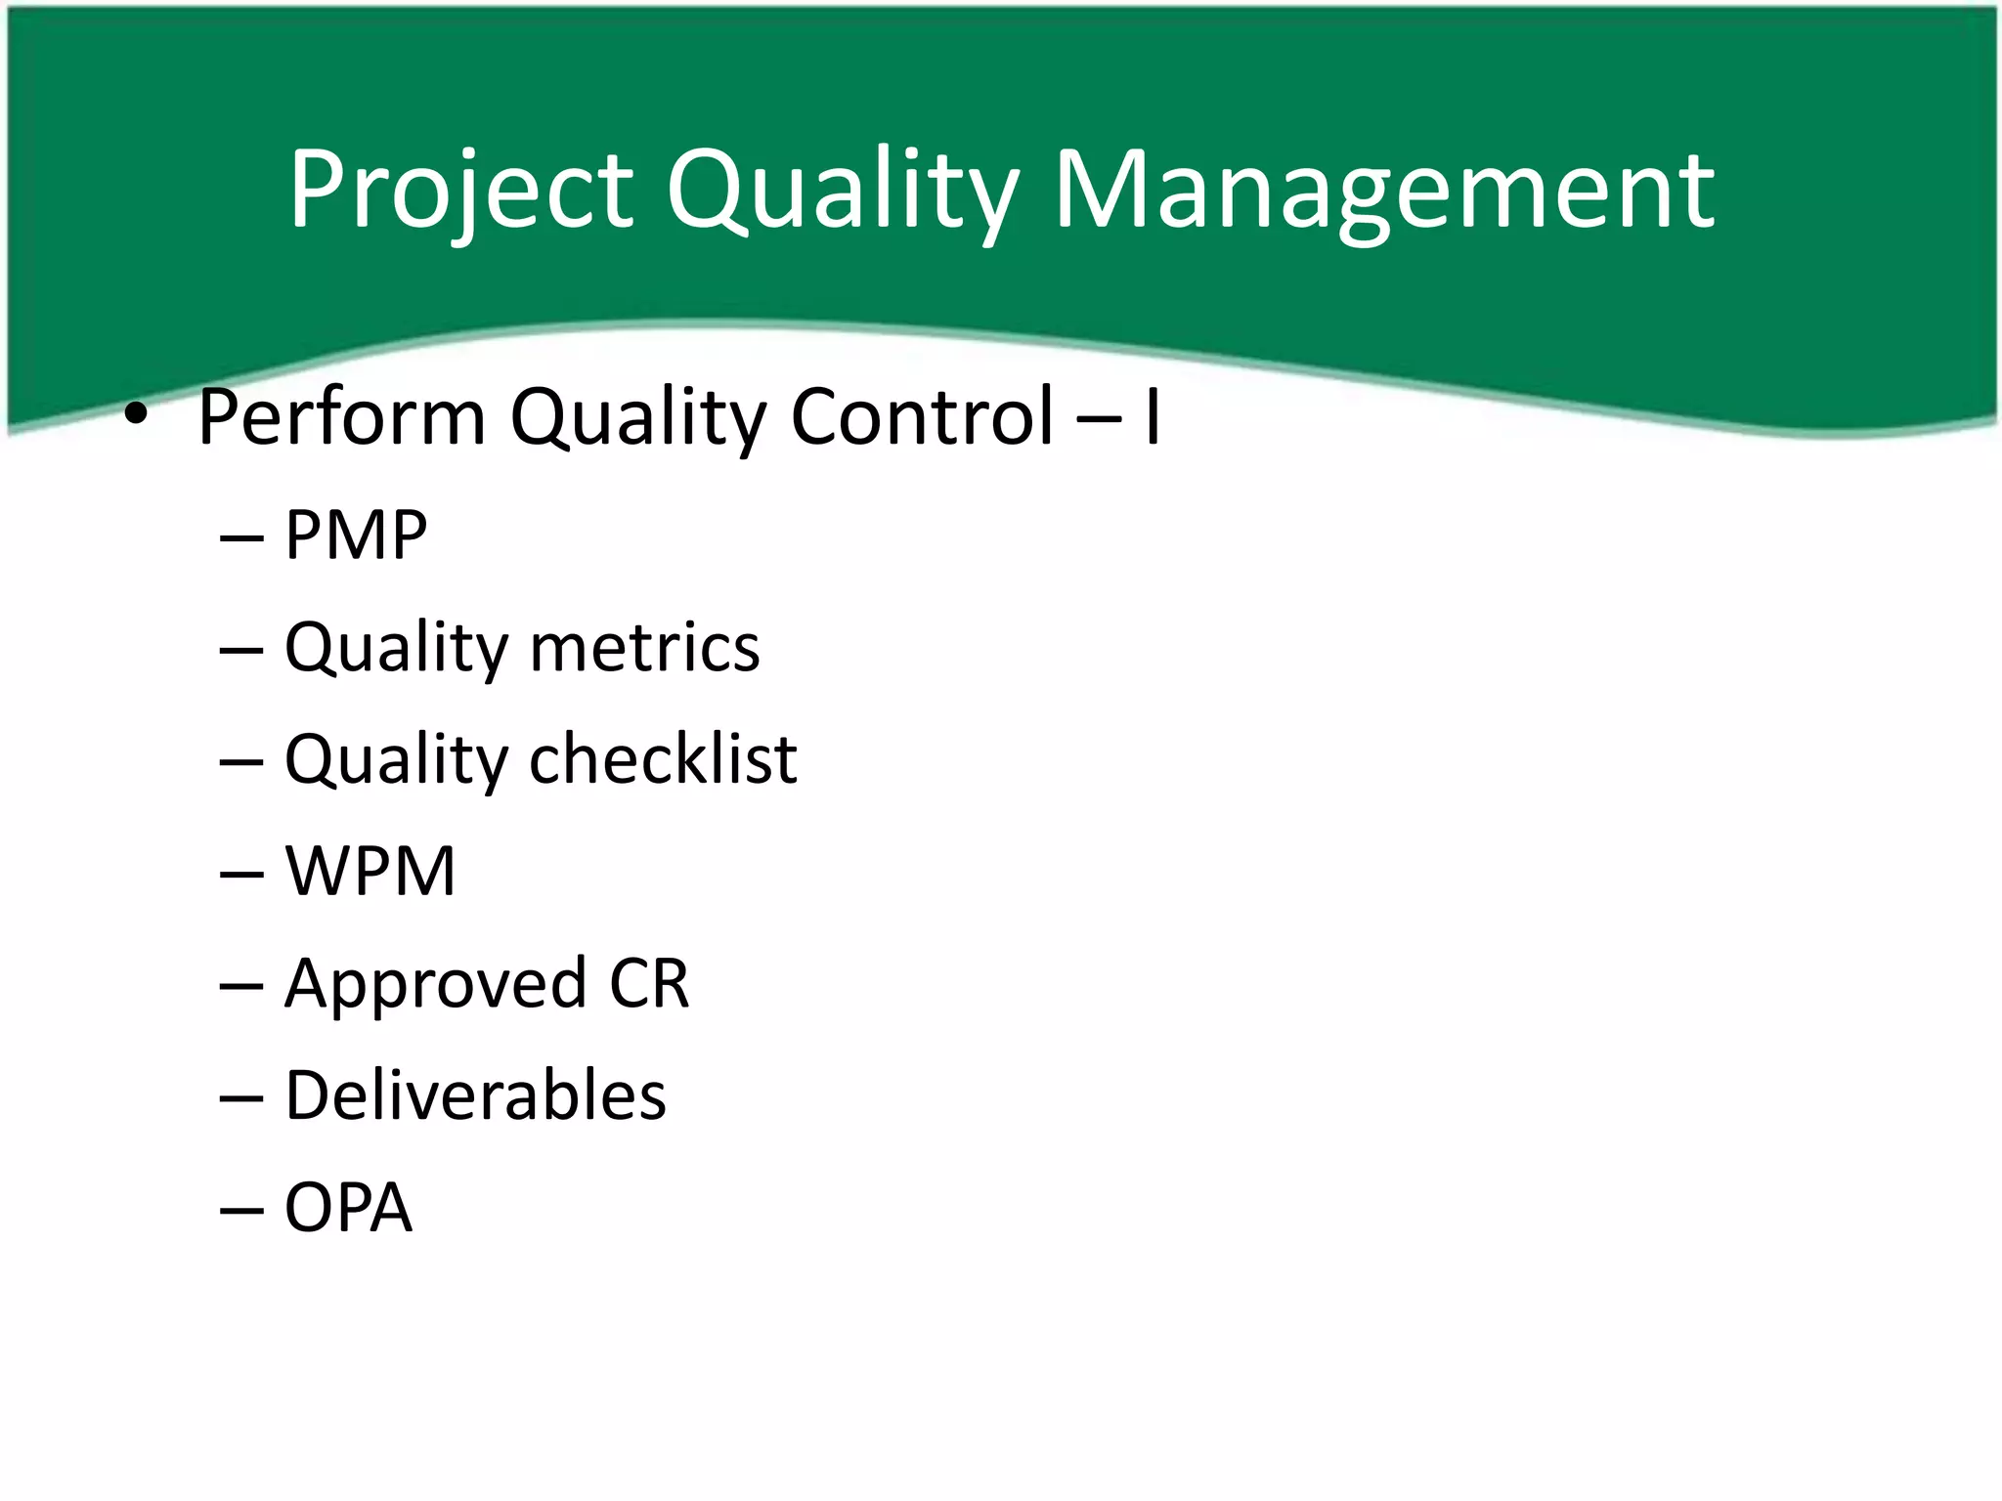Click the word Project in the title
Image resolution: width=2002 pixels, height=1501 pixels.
point(460,191)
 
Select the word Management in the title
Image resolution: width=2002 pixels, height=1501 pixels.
point(1383,191)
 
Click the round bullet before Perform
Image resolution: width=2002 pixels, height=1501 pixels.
point(136,416)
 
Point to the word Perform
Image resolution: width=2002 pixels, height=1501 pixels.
point(341,418)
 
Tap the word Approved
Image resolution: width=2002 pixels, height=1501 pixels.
point(436,985)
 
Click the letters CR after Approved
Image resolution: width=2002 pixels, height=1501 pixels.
point(649,983)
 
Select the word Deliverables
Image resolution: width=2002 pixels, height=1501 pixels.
point(475,1095)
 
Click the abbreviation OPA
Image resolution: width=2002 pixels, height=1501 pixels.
point(348,1208)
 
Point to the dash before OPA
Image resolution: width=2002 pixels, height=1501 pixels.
point(241,1210)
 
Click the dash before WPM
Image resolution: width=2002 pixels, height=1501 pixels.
point(241,873)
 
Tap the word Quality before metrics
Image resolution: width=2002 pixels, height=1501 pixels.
point(396,650)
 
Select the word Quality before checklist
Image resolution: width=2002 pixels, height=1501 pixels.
point(396,761)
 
